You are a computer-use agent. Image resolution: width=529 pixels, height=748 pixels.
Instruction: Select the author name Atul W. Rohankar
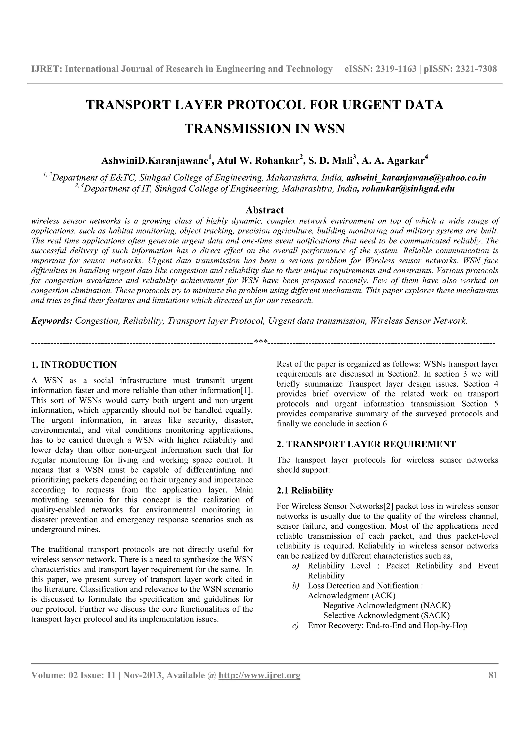[x=258, y=161]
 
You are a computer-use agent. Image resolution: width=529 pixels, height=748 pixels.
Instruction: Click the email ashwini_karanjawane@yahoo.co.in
[x=416, y=178]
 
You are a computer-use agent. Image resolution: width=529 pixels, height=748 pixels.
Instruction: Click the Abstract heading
[x=264, y=210]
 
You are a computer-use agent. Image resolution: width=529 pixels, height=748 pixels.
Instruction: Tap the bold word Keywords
[x=51, y=321]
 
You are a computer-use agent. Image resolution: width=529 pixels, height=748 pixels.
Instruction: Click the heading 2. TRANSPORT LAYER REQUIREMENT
[x=366, y=444]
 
